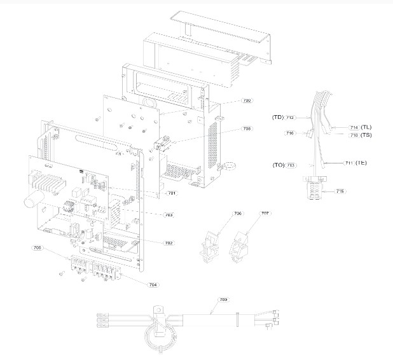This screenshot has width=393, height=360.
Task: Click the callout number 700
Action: (x=247, y=100)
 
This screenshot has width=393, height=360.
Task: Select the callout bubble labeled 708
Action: (x=247, y=128)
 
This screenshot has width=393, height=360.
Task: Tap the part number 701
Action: (x=171, y=193)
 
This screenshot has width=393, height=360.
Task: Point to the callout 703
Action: (x=169, y=215)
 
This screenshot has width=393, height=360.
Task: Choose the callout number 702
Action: (x=169, y=243)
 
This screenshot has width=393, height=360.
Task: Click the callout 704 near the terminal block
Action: (x=153, y=284)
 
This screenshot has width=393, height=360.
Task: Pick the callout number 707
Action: (x=265, y=214)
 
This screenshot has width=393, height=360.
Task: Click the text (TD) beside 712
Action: (x=277, y=117)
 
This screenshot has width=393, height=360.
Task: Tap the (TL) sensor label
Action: (x=366, y=127)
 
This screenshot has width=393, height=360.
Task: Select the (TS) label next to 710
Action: (x=366, y=135)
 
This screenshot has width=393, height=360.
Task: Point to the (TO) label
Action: (x=278, y=165)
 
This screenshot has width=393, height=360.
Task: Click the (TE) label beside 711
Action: (x=361, y=163)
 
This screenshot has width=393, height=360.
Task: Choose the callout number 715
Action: (x=340, y=191)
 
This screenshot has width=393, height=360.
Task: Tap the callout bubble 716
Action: (x=290, y=134)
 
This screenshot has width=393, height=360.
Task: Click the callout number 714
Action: (x=354, y=127)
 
